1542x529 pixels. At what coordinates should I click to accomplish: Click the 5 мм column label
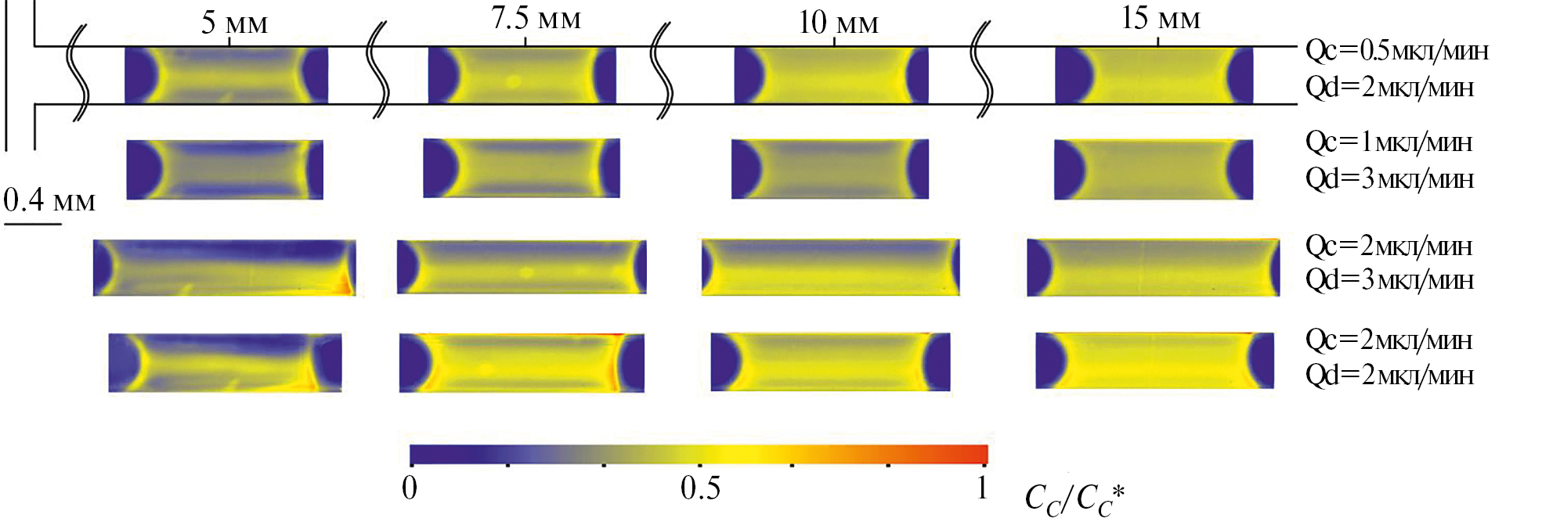tap(234, 22)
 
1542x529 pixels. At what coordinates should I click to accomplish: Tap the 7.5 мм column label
tap(536, 18)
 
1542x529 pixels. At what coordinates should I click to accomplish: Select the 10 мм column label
tap(838, 23)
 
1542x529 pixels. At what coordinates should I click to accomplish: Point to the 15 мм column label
tap(1160, 18)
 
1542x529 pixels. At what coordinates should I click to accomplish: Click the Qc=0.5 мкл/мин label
tap(1396, 51)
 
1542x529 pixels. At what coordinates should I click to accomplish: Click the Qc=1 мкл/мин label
tap(1389, 142)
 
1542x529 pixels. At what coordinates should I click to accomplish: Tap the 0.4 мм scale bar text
tap(49, 200)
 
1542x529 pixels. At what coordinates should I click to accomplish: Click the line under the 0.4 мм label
tap(33, 225)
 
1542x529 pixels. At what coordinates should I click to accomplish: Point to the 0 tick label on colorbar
tap(410, 488)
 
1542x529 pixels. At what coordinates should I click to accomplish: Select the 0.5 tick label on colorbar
tap(700, 488)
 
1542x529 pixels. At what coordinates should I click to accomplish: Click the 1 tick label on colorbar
tap(982, 488)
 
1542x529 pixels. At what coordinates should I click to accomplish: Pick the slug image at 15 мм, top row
tap(1154, 75)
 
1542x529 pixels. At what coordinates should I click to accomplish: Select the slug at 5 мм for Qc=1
tap(225, 169)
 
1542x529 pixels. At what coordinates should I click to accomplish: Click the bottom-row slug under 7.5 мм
tap(522, 362)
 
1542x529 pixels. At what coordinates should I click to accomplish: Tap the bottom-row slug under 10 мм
tap(830, 362)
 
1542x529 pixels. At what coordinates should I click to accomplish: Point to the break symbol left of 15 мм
tap(981, 70)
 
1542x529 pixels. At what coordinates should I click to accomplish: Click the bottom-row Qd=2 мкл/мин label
tap(1389, 376)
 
